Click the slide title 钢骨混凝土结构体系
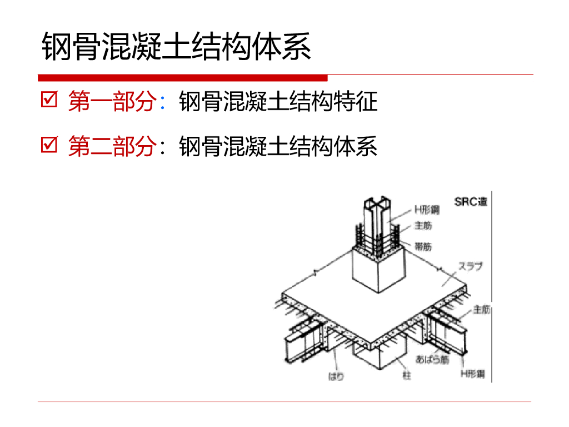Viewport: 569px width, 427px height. click(x=176, y=47)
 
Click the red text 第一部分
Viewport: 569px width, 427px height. click(x=111, y=102)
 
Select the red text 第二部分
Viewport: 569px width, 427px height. click(x=111, y=146)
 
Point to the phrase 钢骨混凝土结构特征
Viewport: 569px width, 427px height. click(x=278, y=102)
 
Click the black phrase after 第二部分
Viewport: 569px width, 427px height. click(x=278, y=146)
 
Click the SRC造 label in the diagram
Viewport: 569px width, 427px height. click(x=471, y=202)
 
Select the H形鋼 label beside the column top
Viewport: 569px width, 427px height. click(x=426, y=210)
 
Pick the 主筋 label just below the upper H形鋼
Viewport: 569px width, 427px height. click(x=423, y=226)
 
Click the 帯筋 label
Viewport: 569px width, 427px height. click(x=423, y=245)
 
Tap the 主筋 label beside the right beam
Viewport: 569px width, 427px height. click(x=482, y=310)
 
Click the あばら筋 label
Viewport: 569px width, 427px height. click(x=432, y=360)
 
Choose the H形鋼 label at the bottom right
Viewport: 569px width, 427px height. click(x=472, y=374)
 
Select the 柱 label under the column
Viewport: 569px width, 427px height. click(x=407, y=376)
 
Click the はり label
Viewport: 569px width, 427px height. click(x=336, y=376)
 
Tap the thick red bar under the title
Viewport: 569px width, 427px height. click(x=183, y=78)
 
